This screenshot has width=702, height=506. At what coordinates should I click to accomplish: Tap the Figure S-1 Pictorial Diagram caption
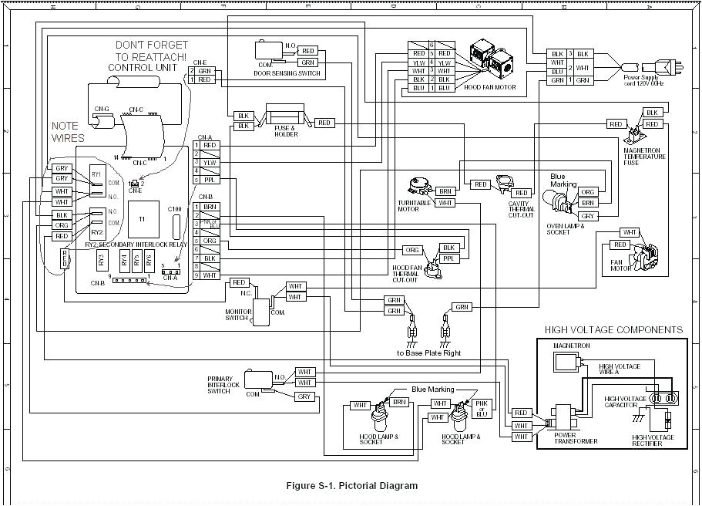tap(351, 486)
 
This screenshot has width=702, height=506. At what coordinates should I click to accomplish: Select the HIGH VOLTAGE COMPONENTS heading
tap(613, 330)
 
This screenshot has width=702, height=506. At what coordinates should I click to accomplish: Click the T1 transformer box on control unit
tap(142, 219)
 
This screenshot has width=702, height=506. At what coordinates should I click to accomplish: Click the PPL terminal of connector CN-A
tap(210, 180)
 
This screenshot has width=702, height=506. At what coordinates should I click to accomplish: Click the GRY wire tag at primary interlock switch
tap(305, 396)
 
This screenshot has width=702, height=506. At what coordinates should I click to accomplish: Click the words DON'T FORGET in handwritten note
tap(150, 45)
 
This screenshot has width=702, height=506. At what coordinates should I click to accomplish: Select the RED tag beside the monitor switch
tap(239, 283)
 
